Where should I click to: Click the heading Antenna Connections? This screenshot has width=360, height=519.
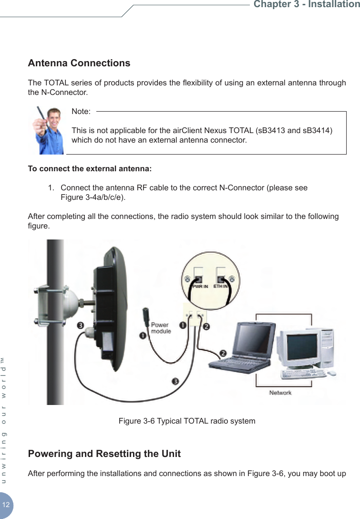[79, 63]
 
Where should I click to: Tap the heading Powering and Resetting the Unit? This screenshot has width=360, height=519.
[104, 453]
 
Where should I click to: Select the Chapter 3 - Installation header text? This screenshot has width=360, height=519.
[306, 5]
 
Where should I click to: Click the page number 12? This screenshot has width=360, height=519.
[6, 505]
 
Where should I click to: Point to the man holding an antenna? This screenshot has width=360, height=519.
[48, 130]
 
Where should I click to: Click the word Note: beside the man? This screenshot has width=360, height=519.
[81, 111]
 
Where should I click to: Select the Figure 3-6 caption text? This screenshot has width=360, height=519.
[186, 421]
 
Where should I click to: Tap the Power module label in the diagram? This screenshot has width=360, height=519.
[160, 328]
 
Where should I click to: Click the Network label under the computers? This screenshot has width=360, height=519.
[280, 393]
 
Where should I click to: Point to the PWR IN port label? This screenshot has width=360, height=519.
[200, 287]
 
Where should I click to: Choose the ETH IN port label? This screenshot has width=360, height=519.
[220, 287]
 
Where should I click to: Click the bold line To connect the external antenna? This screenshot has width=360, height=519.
[90, 169]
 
